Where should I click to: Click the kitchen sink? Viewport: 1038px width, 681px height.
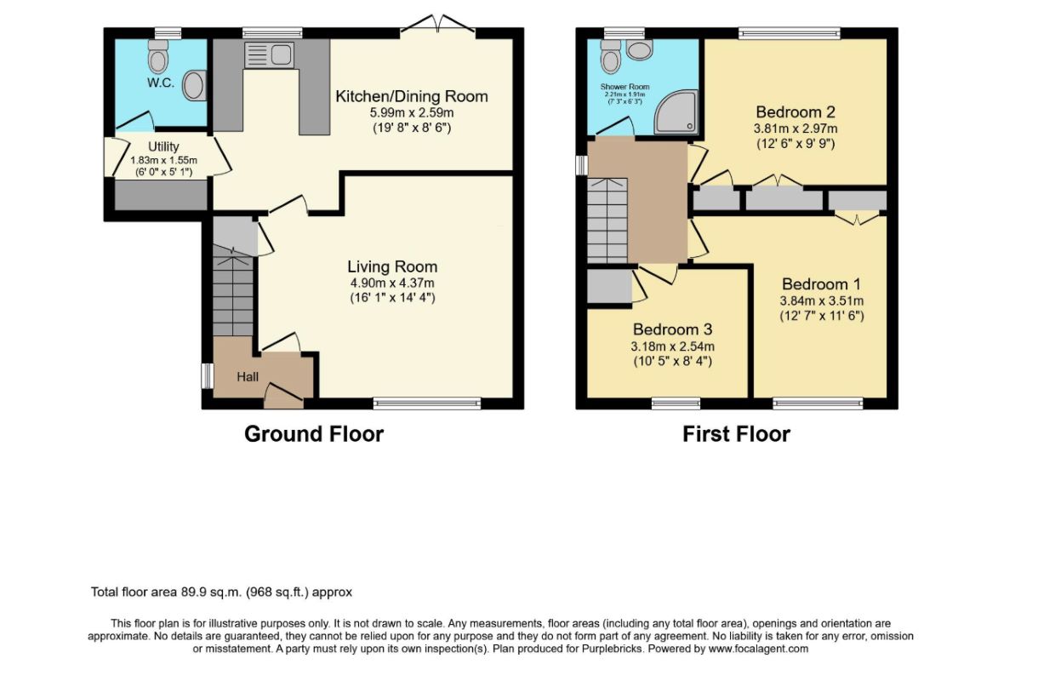pyautogui.click(x=269, y=54)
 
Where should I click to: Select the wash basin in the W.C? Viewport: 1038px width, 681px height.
pyautogui.click(x=194, y=85)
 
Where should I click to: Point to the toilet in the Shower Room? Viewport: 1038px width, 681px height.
pyautogui.click(x=610, y=56)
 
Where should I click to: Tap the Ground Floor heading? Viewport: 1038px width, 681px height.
pyautogui.click(x=314, y=434)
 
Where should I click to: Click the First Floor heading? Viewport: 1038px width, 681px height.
pyautogui.click(x=736, y=434)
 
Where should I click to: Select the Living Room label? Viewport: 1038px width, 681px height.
pyautogui.click(x=392, y=266)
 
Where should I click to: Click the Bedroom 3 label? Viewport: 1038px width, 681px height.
pyautogui.click(x=672, y=329)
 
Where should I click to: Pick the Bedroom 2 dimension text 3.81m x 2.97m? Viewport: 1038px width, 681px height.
pyautogui.click(x=796, y=129)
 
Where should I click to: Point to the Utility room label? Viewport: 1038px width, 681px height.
pyautogui.click(x=163, y=146)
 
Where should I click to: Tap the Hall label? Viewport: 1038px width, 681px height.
pyautogui.click(x=248, y=377)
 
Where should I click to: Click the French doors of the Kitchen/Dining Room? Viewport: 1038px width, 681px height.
pyautogui.click(x=438, y=25)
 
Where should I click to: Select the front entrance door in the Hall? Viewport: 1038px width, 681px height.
pyautogui.click(x=283, y=396)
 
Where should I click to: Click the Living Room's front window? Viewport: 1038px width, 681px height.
pyautogui.click(x=427, y=403)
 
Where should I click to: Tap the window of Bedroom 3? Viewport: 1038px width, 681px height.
pyautogui.click(x=676, y=403)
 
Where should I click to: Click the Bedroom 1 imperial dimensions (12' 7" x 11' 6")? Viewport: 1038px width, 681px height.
pyautogui.click(x=822, y=316)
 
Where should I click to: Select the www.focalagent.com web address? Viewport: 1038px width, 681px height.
pyautogui.click(x=758, y=649)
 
